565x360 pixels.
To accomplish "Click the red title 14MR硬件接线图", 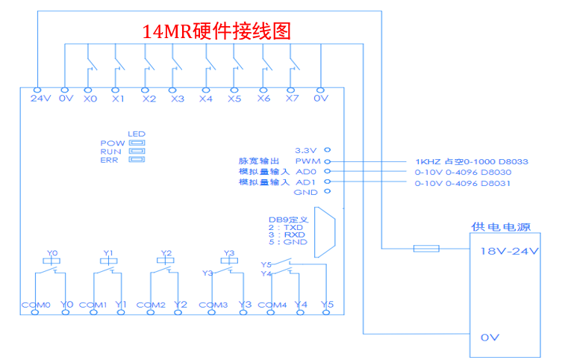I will [216, 31].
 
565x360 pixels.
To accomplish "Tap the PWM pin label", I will [308, 161].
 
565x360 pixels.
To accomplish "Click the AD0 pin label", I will [307, 172].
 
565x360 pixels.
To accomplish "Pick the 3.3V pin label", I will [307, 150].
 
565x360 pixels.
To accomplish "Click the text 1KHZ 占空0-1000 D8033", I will [461, 161].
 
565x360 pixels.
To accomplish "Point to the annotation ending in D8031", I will [463, 182].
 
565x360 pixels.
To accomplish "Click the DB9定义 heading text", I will [286, 220].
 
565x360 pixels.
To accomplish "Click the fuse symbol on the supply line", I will [426, 248].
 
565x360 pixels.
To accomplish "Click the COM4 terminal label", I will [272, 305].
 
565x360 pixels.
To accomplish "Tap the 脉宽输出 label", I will [258, 161].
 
